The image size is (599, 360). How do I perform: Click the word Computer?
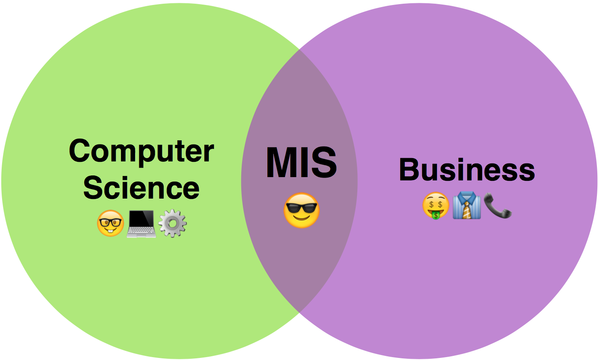pos(141,151)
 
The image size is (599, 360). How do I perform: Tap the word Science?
pos(141,188)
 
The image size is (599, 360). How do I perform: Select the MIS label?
pos(301,163)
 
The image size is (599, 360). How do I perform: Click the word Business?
pos(467,170)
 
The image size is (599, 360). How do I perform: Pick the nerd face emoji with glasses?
pos(110,223)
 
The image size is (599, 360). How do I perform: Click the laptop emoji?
pos(141,223)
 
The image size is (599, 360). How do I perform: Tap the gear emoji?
pos(173,223)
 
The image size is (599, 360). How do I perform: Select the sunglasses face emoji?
pos(302,210)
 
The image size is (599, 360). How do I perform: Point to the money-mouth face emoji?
pos(435,206)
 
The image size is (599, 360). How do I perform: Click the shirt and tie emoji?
pos(467,205)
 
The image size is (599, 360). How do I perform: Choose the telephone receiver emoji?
pos(497,205)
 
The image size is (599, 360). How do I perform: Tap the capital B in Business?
pos(409,170)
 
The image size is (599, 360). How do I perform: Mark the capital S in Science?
pos(93,188)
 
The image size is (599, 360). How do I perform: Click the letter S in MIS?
pos(324,163)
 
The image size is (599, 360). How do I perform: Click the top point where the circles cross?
pos(299,50)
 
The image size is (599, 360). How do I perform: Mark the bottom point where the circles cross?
pos(299,312)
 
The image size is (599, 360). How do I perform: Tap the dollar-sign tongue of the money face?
pos(435,214)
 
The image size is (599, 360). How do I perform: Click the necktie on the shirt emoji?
pos(467,208)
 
